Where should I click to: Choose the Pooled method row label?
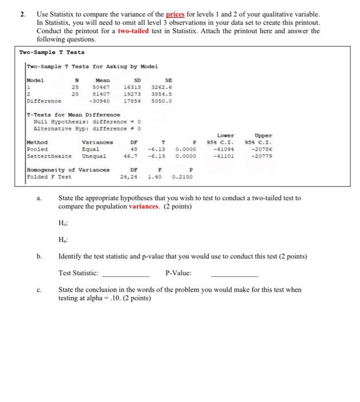tap(37, 148)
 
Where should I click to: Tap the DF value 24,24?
tap(130, 177)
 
